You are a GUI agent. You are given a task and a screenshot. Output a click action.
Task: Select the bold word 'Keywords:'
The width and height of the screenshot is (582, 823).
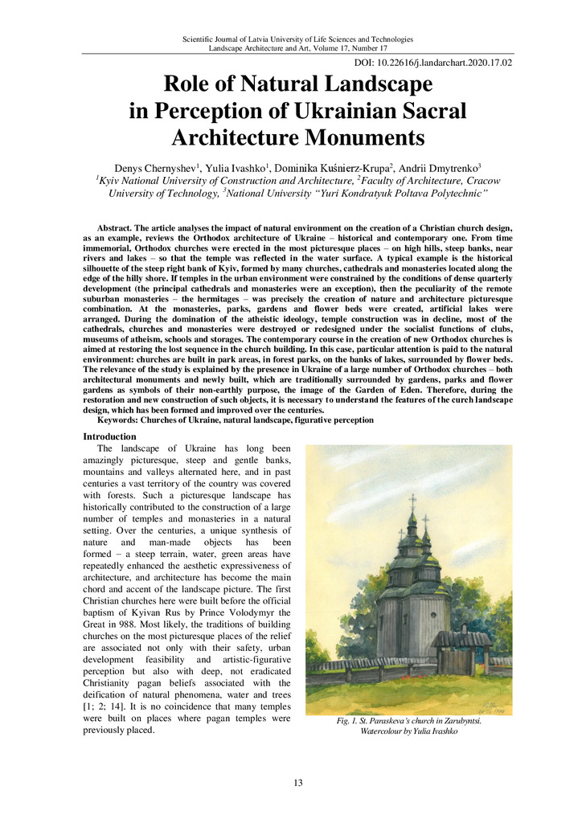[121, 420]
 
